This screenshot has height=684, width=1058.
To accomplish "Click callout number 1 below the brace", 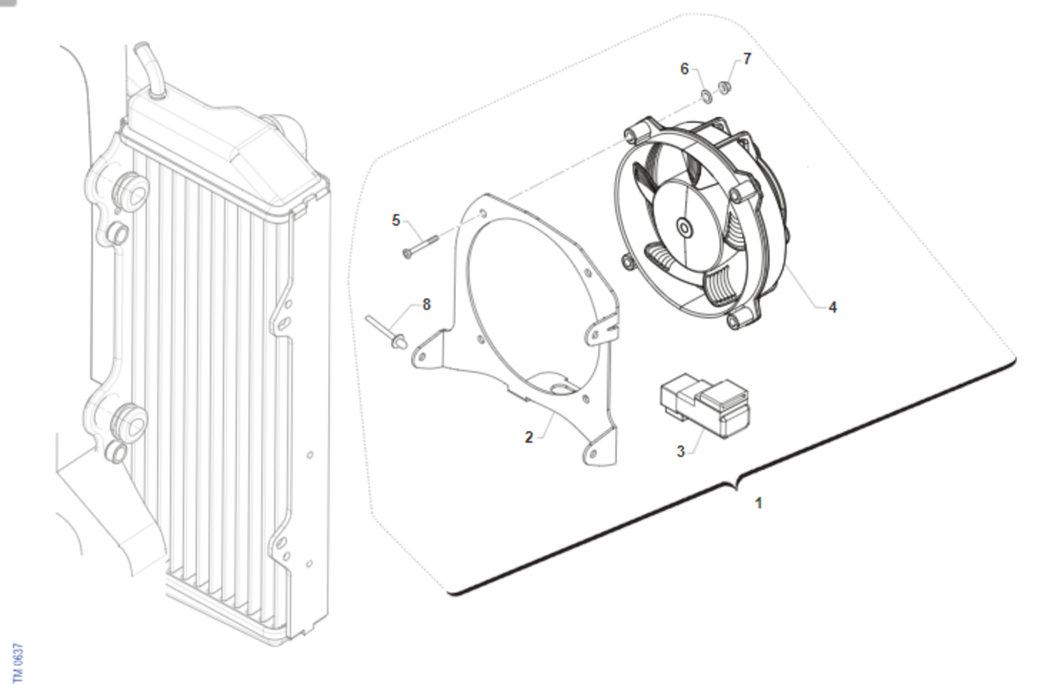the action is click(x=758, y=503).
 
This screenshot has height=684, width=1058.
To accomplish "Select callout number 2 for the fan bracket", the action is click(x=529, y=437).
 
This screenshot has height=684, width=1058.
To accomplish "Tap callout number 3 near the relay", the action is click(x=681, y=451).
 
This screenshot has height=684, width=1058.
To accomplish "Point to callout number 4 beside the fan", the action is click(x=832, y=308).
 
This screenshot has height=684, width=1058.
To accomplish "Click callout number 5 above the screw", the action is click(x=396, y=220).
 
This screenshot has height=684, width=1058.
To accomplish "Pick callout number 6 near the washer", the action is click(x=684, y=69).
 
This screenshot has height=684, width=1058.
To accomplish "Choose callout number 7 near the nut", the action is click(x=747, y=58).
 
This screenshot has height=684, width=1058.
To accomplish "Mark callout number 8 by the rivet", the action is click(x=427, y=304).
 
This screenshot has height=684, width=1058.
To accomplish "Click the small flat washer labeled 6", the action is click(x=706, y=97).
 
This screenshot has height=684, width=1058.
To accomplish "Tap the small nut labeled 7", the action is click(x=725, y=87).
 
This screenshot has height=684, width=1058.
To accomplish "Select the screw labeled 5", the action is click(x=421, y=247).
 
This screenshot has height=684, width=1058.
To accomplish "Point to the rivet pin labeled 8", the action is click(x=386, y=333).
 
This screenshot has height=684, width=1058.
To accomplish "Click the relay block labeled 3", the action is click(x=704, y=405).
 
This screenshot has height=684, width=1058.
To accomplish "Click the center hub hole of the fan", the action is click(x=683, y=228).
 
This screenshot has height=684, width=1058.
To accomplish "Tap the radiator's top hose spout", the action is click(x=149, y=70).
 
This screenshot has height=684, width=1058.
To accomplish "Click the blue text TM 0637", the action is click(x=18, y=662).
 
